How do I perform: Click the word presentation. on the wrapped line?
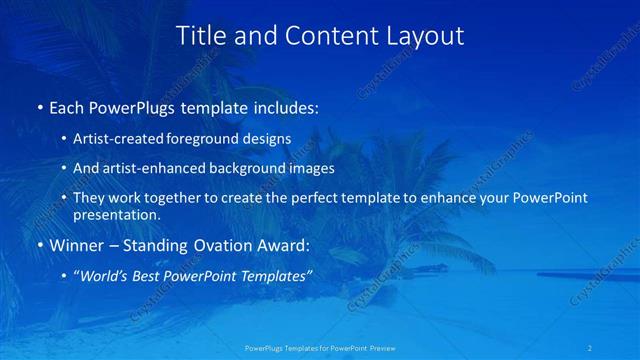(116, 214)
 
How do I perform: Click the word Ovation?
(221, 245)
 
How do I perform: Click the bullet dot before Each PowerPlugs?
(39, 107)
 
